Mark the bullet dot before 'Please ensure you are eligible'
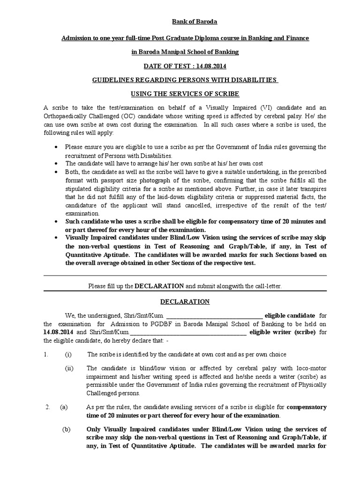tap(56, 147)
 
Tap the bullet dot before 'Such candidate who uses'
tap(56, 221)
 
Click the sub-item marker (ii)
tap(69, 368)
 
